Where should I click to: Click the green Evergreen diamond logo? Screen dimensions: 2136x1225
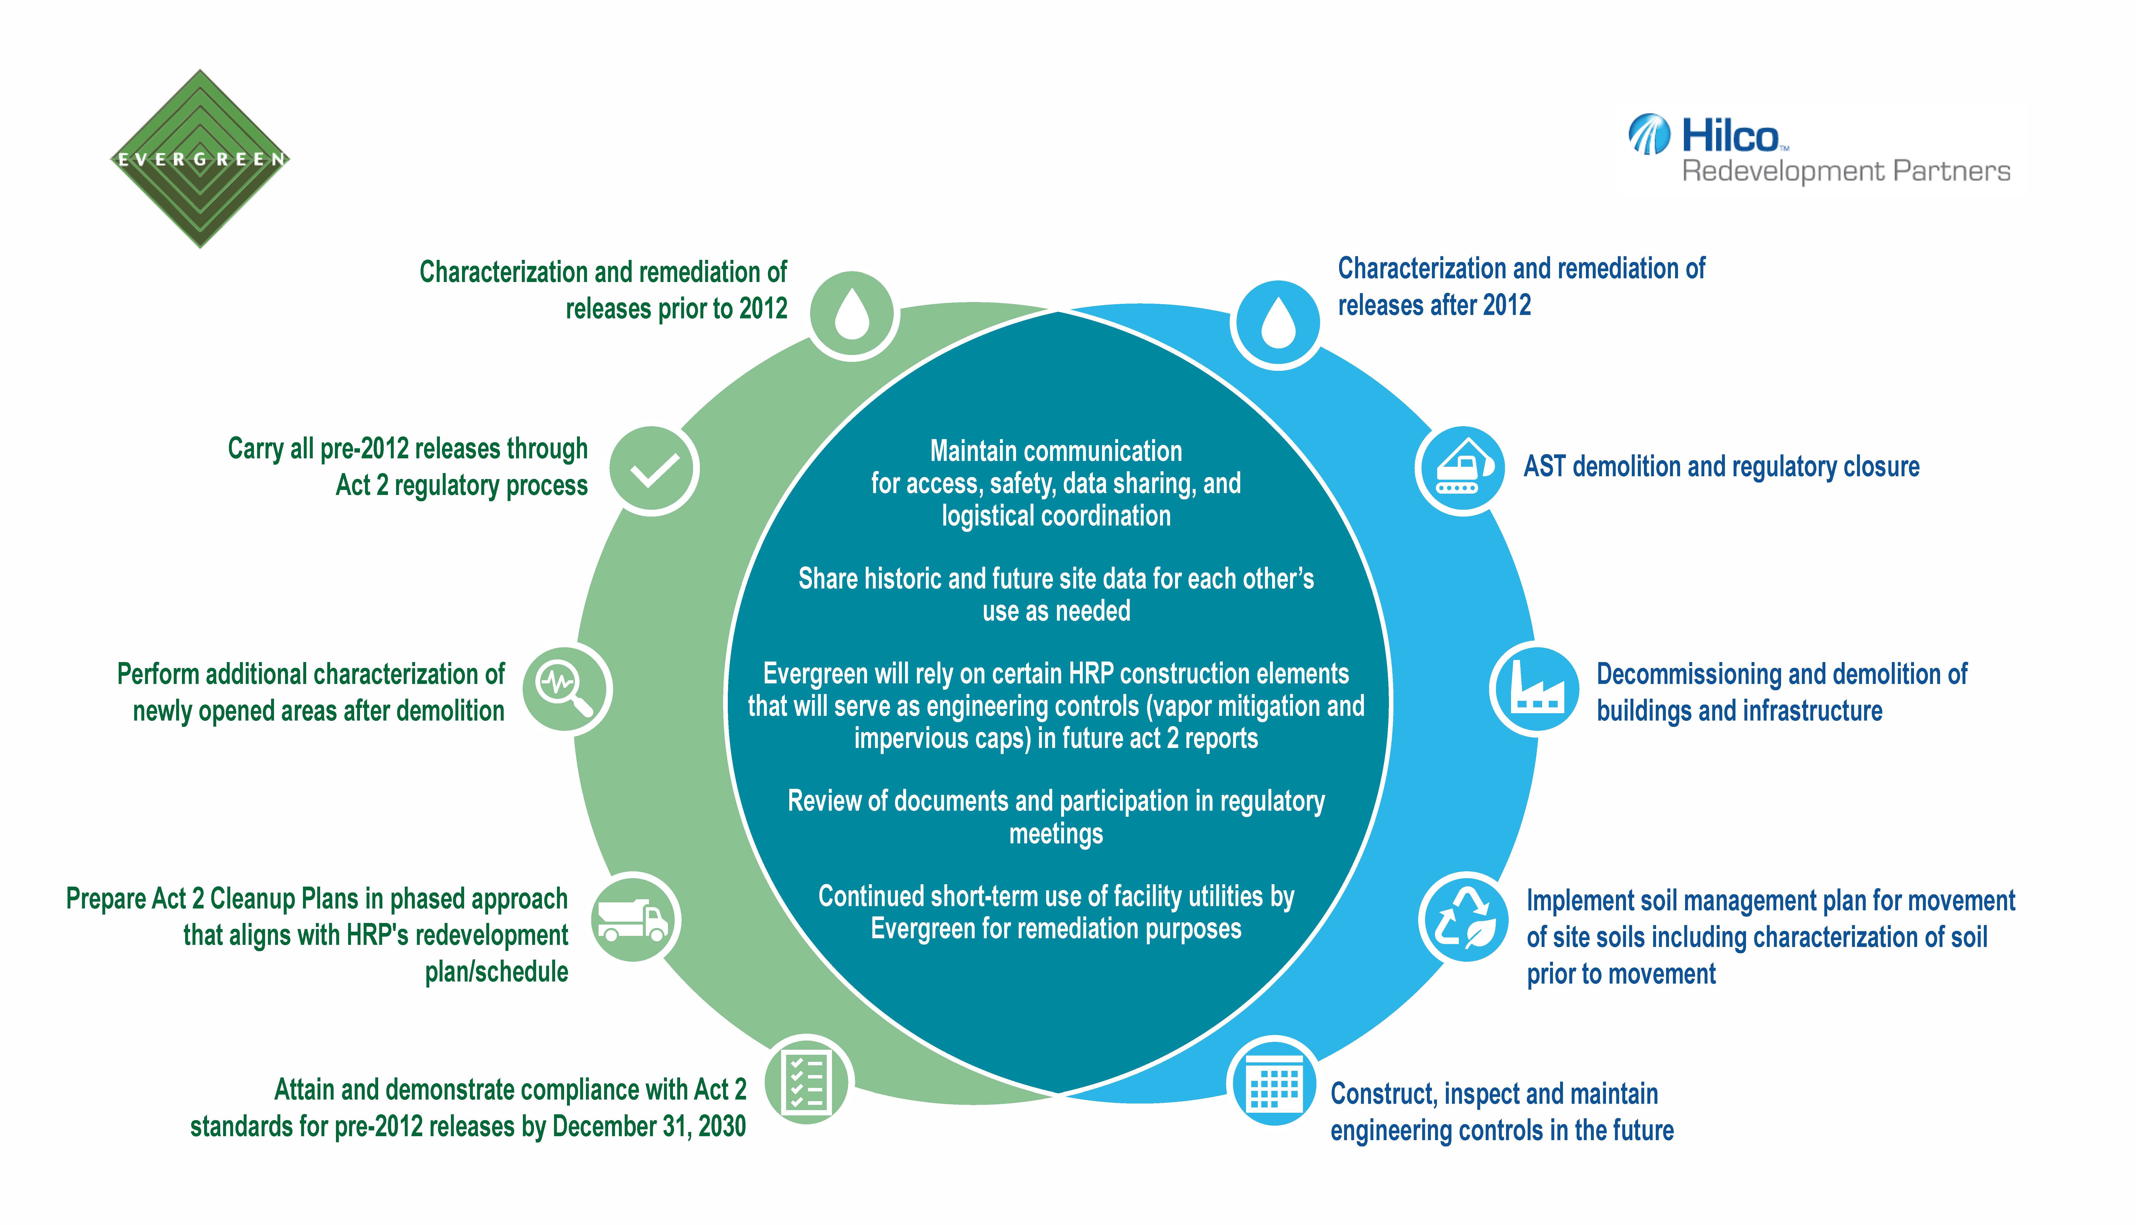(200, 159)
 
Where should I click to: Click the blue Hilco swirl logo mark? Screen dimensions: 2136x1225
(1649, 135)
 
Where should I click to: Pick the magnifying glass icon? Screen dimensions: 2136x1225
(566, 689)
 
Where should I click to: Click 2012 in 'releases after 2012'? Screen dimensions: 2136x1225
(1507, 305)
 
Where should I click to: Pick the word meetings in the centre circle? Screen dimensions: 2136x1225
(1056, 834)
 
